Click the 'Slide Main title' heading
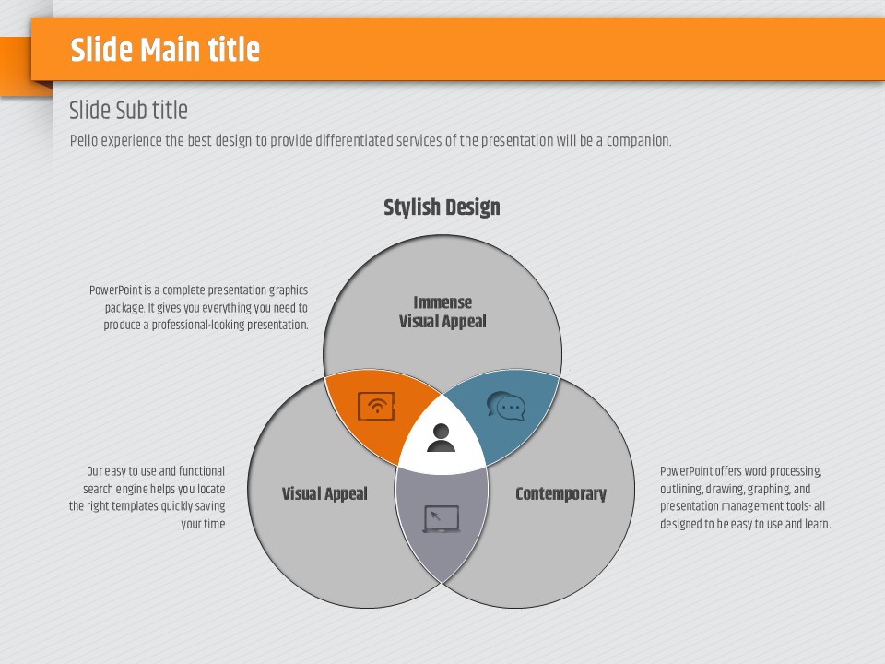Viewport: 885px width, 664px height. (x=165, y=49)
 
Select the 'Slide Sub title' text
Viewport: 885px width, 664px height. (x=128, y=110)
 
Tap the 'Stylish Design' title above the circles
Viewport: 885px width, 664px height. (x=442, y=207)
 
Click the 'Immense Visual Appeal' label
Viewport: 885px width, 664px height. (x=442, y=312)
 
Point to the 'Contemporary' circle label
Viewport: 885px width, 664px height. (x=561, y=493)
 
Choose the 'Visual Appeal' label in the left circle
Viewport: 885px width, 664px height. (x=324, y=493)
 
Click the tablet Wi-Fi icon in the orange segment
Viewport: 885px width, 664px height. (x=376, y=406)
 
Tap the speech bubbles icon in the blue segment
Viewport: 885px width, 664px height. (x=506, y=406)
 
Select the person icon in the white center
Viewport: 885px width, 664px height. (x=441, y=437)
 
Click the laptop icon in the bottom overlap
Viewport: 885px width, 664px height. (x=442, y=519)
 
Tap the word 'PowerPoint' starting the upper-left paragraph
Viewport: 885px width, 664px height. (x=116, y=290)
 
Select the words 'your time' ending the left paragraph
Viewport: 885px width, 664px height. (x=203, y=524)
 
